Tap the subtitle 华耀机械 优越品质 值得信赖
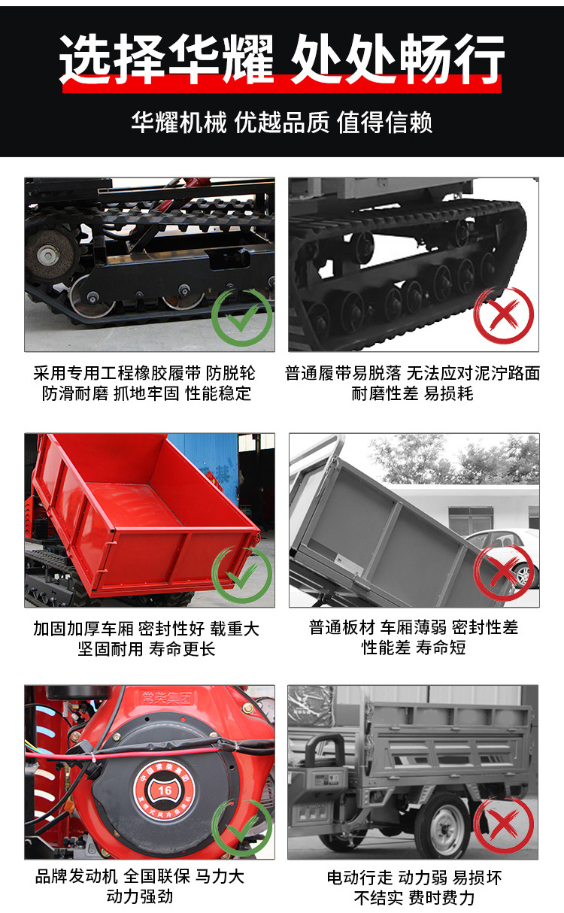282,123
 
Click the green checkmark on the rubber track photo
241,315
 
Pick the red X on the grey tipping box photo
503,572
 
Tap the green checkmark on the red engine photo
241,827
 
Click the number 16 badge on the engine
163,789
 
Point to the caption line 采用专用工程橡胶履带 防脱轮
144,374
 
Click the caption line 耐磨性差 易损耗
412,393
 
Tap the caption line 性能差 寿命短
414,648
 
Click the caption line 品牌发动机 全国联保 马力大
140,877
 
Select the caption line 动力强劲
140,896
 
